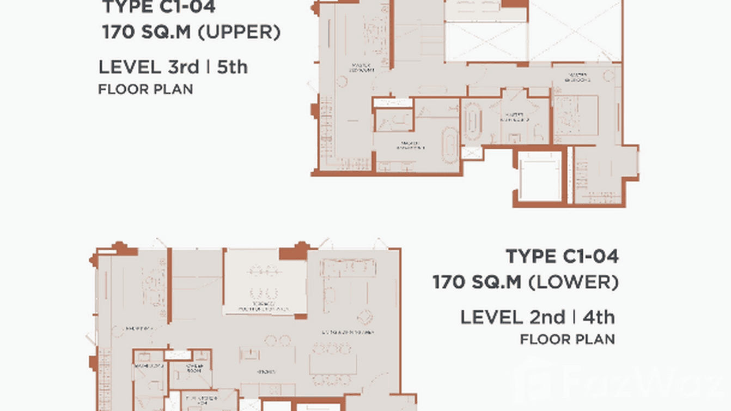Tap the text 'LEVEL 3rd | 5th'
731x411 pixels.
(x=173, y=67)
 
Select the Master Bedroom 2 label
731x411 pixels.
(x=580, y=77)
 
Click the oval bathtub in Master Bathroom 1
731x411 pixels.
(x=450, y=146)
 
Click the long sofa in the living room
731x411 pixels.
(x=349, y=268)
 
